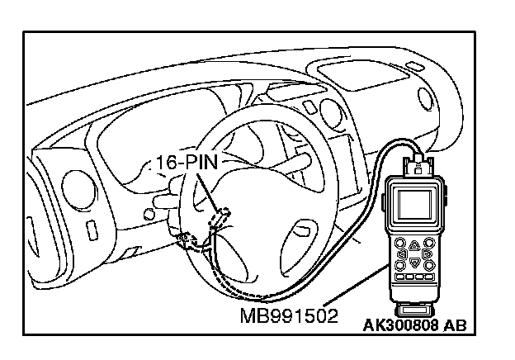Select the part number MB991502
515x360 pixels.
(290, 316)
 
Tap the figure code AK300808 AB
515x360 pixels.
(415, 324)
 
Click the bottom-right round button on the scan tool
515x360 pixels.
(428, 266)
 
